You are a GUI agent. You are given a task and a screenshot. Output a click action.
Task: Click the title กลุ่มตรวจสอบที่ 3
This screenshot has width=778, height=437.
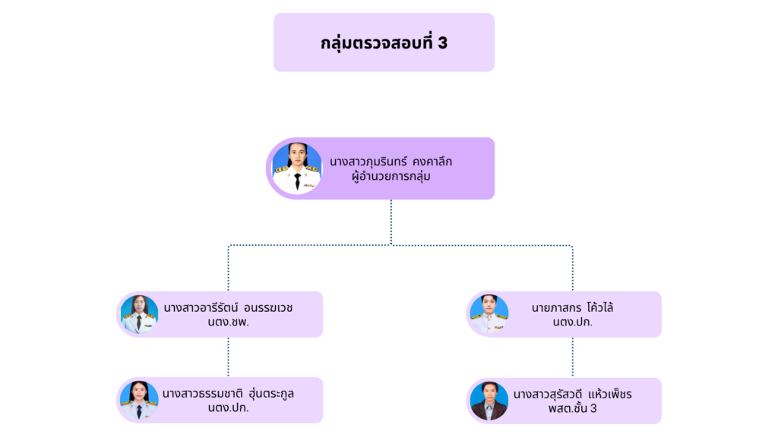384,42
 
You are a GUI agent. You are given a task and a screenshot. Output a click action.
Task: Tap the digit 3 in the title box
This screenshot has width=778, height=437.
442,42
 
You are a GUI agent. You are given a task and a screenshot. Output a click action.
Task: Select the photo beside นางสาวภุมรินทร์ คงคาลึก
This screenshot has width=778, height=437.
297,168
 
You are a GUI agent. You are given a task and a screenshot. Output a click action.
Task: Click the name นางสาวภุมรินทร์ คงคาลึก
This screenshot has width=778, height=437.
391,161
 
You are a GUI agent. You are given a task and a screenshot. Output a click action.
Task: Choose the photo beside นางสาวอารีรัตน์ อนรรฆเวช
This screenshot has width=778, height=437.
139,314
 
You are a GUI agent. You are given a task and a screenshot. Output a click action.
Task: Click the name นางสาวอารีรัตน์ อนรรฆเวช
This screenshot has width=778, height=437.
228,307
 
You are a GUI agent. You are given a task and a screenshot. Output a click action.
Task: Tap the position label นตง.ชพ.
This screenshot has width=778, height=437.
228,322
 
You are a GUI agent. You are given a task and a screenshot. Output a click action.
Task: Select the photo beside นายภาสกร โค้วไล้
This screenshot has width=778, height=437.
489,314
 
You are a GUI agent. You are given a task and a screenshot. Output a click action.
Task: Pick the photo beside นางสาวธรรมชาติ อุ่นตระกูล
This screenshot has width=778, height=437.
139,400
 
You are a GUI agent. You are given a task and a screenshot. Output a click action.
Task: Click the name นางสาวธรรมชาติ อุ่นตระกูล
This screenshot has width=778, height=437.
228,393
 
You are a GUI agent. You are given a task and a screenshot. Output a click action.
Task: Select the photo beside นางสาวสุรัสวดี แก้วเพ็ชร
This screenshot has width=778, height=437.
489,400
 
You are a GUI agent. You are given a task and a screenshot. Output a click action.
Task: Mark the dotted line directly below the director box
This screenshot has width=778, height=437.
391,222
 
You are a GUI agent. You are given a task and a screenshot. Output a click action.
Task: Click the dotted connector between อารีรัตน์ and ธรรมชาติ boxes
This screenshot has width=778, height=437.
228,357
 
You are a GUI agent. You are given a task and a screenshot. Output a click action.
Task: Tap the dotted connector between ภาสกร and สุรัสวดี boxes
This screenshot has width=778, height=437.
573,357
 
